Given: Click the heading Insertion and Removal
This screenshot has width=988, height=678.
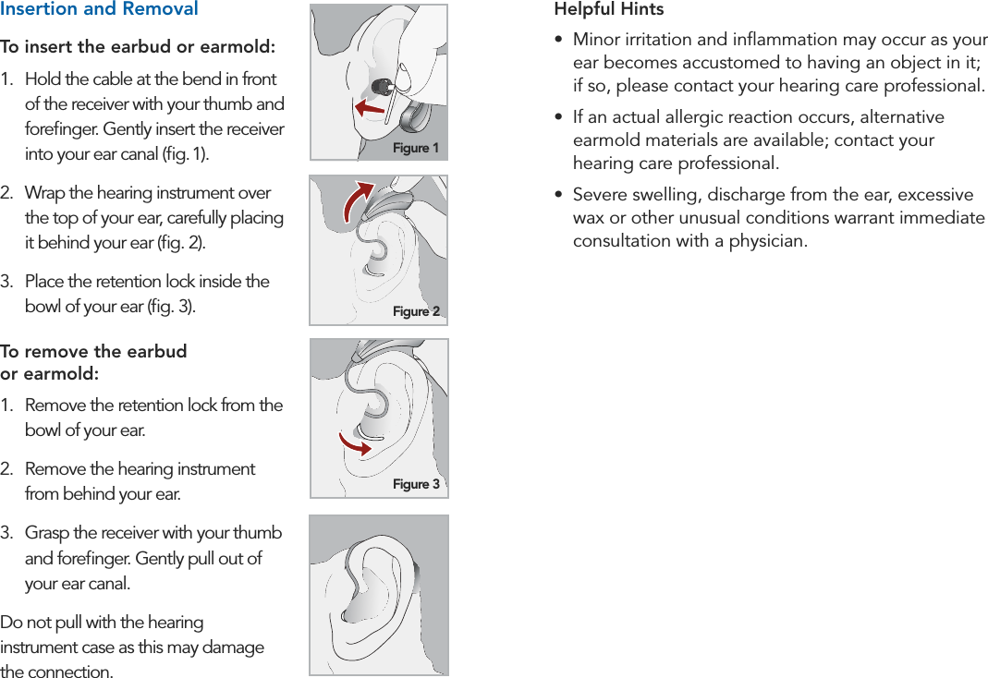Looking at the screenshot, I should tap(99, 9).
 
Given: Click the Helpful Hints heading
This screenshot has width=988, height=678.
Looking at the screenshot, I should tap(608, 9).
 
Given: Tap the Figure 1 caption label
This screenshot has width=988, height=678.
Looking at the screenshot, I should tap(416, 148).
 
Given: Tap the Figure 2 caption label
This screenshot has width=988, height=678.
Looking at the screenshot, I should tap(416, 311).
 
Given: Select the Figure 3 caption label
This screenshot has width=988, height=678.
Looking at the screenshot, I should tap(416, 484).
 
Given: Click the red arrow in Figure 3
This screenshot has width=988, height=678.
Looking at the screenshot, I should tap(355, 443).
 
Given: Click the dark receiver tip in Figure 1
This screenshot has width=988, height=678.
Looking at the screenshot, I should tap(379, 87).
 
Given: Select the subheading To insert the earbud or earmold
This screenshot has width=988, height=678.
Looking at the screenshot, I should tap(138, 47).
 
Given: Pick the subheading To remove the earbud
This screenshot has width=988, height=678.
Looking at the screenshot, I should tap(93, 352).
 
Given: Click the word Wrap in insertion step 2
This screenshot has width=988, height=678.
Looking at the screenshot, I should tap(43, 193).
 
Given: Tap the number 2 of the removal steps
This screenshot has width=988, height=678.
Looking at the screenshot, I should tap(6, 469).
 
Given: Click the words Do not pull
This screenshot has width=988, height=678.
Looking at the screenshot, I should tap(42, 623).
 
